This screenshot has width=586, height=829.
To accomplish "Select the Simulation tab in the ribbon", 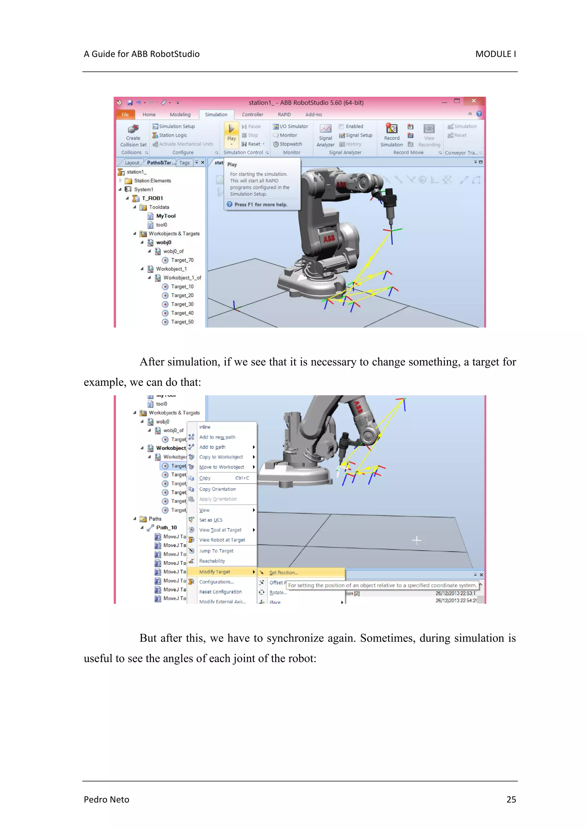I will [216, 114].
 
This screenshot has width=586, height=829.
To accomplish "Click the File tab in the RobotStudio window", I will [125, 114].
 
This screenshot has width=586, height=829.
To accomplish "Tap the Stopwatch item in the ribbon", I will [290, 144].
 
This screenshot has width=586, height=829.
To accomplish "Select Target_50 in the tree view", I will [182, 322].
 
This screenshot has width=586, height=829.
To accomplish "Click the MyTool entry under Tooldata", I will [165, 216].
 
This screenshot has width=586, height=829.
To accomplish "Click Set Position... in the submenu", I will [284, 573].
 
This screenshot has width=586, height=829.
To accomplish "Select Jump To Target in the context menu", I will [216, 551].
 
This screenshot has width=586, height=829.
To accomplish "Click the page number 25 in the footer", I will [511, 800].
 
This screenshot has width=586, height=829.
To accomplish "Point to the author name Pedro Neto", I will [106, 800].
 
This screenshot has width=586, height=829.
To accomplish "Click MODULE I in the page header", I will [495, 54].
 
